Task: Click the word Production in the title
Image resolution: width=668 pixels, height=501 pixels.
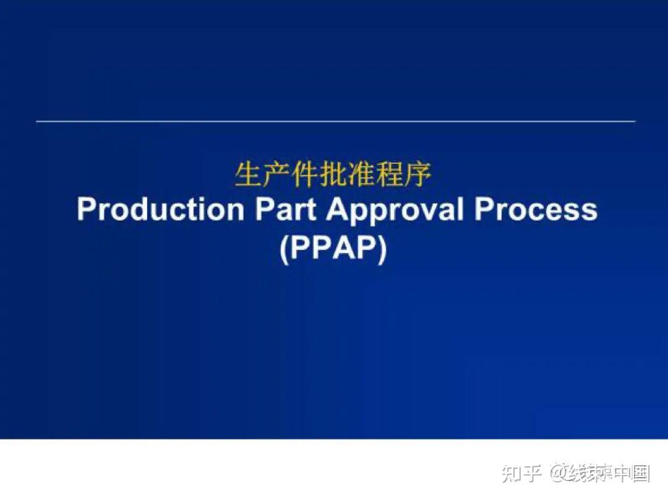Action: pyautogui.click(x=161, y=210)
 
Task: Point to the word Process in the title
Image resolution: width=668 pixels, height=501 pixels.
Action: pyautogui.click(x=536, y=210)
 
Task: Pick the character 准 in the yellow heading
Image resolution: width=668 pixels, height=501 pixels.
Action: pyautogui.click(x=362, y=176)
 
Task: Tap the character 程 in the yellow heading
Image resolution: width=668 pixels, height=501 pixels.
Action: pyautogui.click(x=390, y=176)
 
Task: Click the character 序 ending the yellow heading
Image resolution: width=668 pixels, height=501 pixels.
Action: pyautogui.click(x=418, y=176)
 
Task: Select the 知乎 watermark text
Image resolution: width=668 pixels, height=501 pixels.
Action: pyautogui.click(x=523, y=474)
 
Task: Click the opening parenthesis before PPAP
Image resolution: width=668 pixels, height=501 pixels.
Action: pyautogui.click(x=284, y=249)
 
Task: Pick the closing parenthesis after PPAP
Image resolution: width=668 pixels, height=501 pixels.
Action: pyautogui.click(x=382, y=249)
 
